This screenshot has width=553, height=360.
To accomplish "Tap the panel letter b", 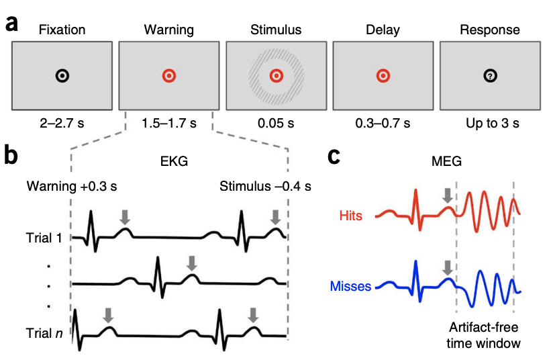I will (12, 156).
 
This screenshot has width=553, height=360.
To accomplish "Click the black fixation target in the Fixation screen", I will (61, 76).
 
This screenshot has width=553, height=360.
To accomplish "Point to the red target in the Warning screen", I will (168, 76).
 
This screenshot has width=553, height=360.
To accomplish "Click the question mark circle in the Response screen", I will (491, 76).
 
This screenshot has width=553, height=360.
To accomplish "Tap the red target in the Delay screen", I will (383, 76).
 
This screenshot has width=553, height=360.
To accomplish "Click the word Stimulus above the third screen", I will (276, 30).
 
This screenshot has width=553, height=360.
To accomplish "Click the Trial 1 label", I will (44, 238).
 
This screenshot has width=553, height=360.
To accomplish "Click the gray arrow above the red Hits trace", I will (447, 195).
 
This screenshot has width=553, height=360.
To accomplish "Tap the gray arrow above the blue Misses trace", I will (447, 267).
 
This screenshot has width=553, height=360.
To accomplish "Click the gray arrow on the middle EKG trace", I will (192, 263).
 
